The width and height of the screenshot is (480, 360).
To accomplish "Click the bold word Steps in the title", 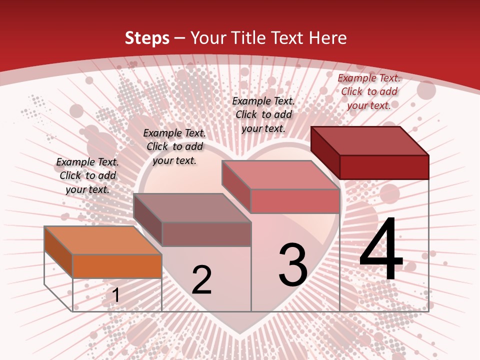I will point(147,38).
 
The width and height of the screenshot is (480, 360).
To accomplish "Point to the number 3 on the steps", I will point(292,265).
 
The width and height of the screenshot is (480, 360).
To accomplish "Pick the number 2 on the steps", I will point(201,280).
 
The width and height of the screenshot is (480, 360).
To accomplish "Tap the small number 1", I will point(115,295).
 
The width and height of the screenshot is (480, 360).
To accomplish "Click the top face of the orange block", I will point(103,240).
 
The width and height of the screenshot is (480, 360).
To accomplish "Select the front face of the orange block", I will point(117,266).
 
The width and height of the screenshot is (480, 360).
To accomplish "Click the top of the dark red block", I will point(370,140).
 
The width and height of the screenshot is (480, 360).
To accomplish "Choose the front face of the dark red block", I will point(384,167).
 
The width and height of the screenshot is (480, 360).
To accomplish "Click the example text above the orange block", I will point(87,175).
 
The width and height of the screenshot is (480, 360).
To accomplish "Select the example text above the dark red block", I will point(369,91).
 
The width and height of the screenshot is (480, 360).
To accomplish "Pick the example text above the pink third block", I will point(263,114).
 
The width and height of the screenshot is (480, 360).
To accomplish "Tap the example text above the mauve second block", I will point(174,146).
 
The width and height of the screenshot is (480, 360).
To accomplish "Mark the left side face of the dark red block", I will point(325,152).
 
